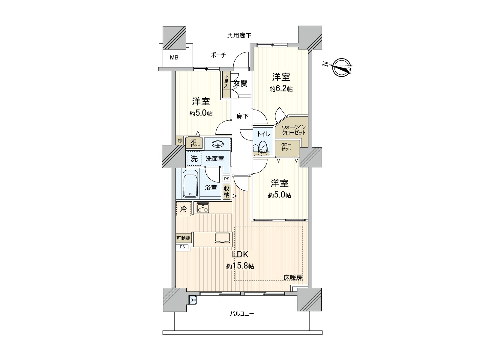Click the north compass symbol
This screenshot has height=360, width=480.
coord(342,67)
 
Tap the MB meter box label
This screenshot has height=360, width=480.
coord(174,57)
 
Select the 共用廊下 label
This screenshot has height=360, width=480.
coord(239,36)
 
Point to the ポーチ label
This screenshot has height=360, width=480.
coord(218,55)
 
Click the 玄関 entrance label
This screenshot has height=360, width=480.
coord(240,84)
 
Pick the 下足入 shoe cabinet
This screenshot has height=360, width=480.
coord(226,81)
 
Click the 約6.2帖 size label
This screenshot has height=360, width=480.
coord(281,89)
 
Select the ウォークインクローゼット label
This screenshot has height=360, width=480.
coord(294,130)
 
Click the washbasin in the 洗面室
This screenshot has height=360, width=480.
coord(217,144)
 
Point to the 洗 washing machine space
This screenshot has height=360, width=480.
coord(194,159)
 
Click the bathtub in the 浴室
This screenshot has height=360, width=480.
coord(190,184)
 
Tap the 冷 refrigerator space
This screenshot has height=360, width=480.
coord(183,209)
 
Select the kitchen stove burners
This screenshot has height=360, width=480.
coord(203,208)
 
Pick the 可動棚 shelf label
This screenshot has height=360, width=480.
coord(183,238)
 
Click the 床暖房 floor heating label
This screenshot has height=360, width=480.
coord(293,278)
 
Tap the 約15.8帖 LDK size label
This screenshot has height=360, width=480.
coord(240,266)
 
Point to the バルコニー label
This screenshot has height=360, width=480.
coord(242,314)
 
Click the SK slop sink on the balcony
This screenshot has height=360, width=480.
coord(192,300)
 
